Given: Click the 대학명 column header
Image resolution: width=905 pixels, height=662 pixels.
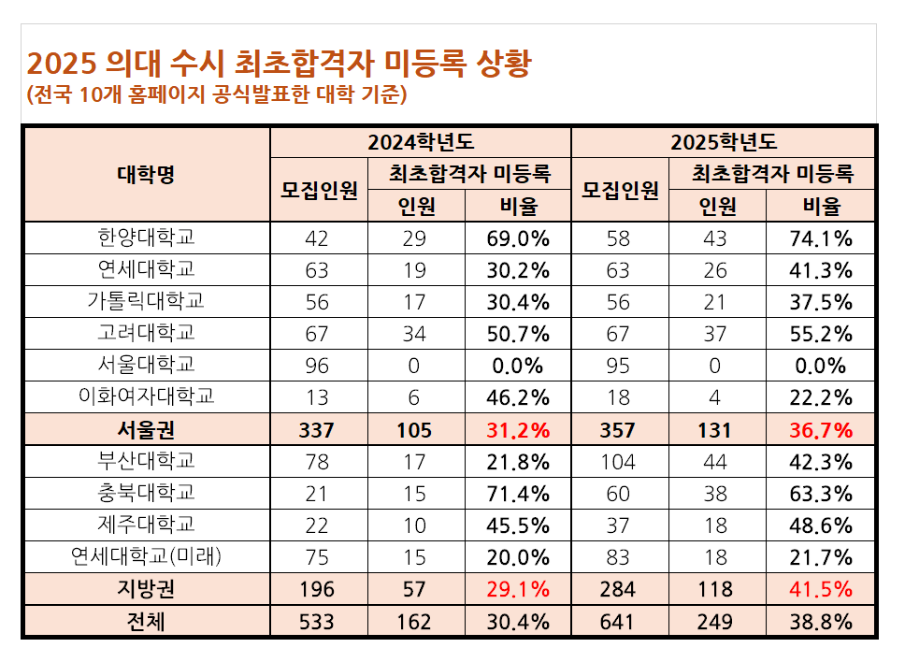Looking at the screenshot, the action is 146,174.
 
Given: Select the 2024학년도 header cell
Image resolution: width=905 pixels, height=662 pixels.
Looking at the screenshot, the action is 421,142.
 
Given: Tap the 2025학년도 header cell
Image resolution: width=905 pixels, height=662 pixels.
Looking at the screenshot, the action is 724,142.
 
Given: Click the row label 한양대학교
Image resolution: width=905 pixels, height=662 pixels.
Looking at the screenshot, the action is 146,237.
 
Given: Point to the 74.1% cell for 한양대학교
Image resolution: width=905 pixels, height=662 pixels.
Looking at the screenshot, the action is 821,238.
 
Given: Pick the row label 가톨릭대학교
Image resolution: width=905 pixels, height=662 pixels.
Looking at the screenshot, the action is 146,301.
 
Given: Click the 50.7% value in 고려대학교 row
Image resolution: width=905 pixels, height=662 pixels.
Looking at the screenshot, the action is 518,334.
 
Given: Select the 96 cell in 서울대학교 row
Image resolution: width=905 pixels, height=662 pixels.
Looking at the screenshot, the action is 317,366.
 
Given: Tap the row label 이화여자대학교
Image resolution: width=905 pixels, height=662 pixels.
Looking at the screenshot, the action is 146,396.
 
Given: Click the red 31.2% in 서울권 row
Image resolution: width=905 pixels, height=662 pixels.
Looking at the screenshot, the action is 518,430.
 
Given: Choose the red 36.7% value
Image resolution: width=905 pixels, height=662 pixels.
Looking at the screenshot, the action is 821,430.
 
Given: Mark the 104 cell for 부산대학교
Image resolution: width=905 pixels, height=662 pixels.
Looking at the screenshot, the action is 618,462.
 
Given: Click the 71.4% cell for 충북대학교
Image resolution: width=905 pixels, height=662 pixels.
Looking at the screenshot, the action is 518,494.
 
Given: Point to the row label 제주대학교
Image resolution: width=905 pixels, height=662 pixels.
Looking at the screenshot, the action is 146,524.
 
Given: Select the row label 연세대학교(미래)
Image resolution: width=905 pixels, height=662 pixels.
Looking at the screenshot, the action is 146,555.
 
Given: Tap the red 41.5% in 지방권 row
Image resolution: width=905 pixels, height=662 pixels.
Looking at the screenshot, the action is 821,589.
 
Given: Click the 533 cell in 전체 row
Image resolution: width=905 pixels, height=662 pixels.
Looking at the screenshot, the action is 317,622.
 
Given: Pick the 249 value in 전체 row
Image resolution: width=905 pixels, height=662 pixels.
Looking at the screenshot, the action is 714,622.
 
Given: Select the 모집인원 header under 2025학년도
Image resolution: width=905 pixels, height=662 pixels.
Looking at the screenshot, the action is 620,190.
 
